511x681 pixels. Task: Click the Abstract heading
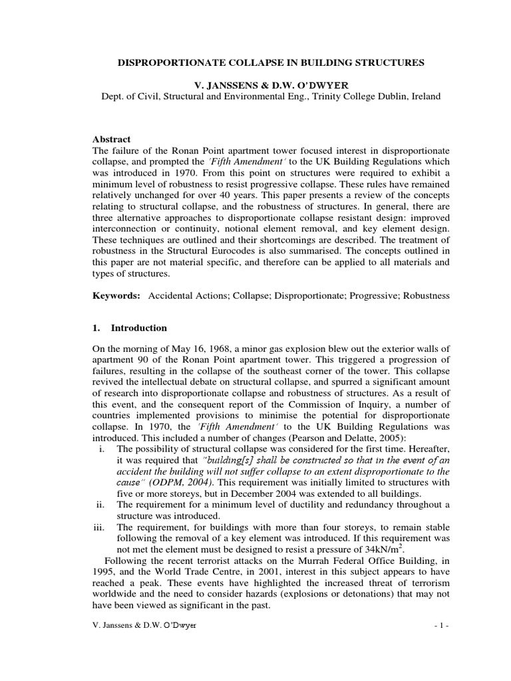coord(111,139)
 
